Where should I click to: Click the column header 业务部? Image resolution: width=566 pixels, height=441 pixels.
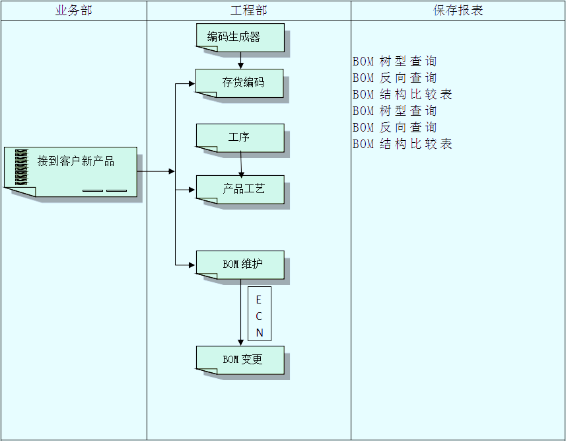(x=73, y=11)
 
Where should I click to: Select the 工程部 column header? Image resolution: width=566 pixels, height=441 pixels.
(x=248, y=11)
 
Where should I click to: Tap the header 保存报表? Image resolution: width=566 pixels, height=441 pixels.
(x=458, y=11)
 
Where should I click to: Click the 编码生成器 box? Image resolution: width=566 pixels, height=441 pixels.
(x=240, y=37)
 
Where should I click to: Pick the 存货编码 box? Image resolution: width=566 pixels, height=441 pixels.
(x=240, y=83)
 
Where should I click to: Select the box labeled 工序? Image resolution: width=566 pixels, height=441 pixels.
(x=240, y=138)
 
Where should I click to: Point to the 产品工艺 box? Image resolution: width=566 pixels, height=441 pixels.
(x=240, y=189)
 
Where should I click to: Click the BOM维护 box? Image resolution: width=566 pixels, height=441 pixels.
(x=240, y=264)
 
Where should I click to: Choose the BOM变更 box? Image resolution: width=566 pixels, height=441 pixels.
(x=240, y=360)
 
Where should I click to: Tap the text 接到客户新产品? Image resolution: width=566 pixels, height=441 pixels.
(x=76, y=161)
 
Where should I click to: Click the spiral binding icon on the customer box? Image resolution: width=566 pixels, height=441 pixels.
(x=22, y=167)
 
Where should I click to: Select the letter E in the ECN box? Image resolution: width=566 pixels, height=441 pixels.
(x=259, y=300)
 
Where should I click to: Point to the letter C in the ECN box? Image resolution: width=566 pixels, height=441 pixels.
(x=259, y=316)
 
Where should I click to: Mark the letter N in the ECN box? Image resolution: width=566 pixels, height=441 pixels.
(x=259, y=333)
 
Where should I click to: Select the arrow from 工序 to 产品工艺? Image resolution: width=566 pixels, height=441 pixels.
(x=241, y=164)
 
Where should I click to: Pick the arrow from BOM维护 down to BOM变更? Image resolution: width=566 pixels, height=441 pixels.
(x=240, y=311)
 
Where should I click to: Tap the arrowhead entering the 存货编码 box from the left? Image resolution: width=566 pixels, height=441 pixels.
(x=192, y=84)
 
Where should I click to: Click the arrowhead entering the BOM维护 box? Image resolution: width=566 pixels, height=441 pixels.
(x=192, y=265)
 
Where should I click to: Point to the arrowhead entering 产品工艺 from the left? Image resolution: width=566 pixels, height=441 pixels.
(x=192, y=190)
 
